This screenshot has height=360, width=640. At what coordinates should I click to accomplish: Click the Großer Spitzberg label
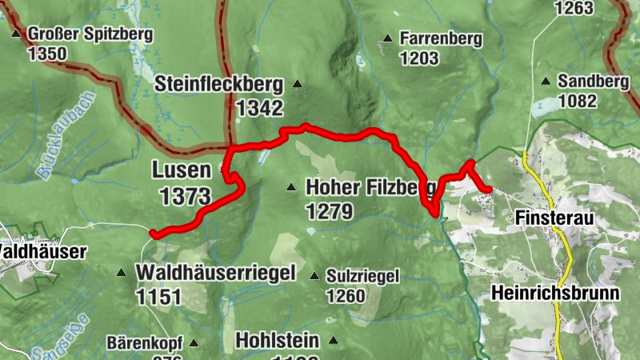(x=90, y=34)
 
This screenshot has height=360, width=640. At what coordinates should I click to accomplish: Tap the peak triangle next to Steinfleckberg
(x=298, y=83)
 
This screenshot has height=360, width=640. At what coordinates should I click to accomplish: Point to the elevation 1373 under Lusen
(x=185, y=195)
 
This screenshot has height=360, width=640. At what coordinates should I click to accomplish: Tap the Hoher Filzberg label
(x=370, y=188)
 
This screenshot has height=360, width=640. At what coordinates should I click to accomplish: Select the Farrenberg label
(x=442, y=38)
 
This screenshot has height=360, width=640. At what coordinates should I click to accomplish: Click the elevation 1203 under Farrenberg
(x=419, y=58)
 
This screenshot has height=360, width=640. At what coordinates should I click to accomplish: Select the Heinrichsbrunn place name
(x=556, y=293)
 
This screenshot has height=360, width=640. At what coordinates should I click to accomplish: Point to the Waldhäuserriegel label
(x=216, y=272)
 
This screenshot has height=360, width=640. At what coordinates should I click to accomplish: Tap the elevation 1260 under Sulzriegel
(x=346, y=296)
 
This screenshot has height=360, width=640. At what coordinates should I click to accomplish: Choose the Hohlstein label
(x=278, y=340)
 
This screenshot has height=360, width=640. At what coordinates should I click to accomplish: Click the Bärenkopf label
(x=145, y=343)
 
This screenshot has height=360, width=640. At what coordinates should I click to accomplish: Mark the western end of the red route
(x=153, y=234)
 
